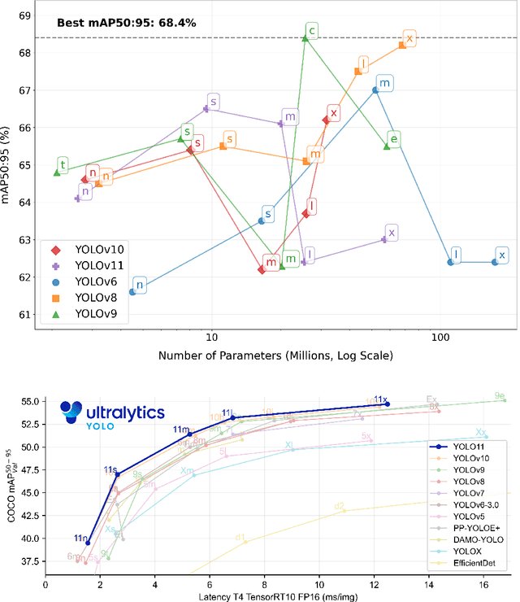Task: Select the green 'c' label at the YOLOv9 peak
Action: pyautogui.click(x=312, y=32)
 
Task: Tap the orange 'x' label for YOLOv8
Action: pyautogui.click(x=409, y=38)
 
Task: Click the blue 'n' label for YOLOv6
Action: pyautogui.click(x=140, y=285)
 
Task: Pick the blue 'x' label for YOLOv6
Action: pyautogui.click(x=502, y=255)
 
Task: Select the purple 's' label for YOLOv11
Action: pyautogui.click(x=213, y=102)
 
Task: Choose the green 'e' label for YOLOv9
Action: pyautogui.click(x=393, y=140)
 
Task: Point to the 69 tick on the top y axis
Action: pyautogui.click(x=25, y=15)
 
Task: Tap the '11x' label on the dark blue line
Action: pyautogui.click(x=380, y=399)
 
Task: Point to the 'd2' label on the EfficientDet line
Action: pyautogui.click(x=339, y=505)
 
